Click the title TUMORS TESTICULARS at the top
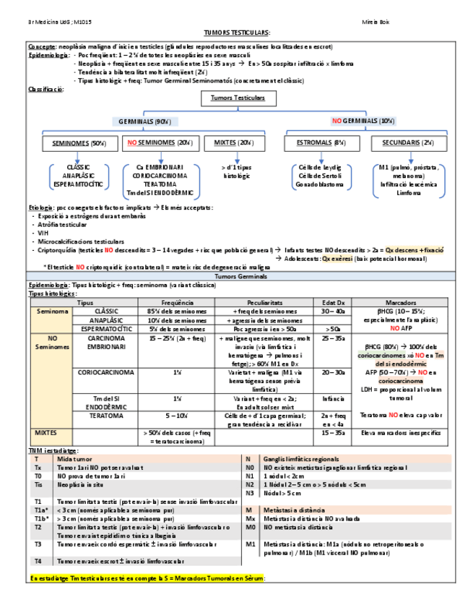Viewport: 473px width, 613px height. pos(237,33)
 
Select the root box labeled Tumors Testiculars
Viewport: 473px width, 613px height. pos(238,98)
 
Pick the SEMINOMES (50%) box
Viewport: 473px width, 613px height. pos(79,143)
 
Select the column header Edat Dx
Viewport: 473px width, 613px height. pos(333,302)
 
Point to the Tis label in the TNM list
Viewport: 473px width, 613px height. pos(37,486)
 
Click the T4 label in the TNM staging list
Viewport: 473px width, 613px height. pos(36,561)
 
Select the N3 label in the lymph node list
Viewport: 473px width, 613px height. pos(250,493)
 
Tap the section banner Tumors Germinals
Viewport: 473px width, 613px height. pos(237,276)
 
